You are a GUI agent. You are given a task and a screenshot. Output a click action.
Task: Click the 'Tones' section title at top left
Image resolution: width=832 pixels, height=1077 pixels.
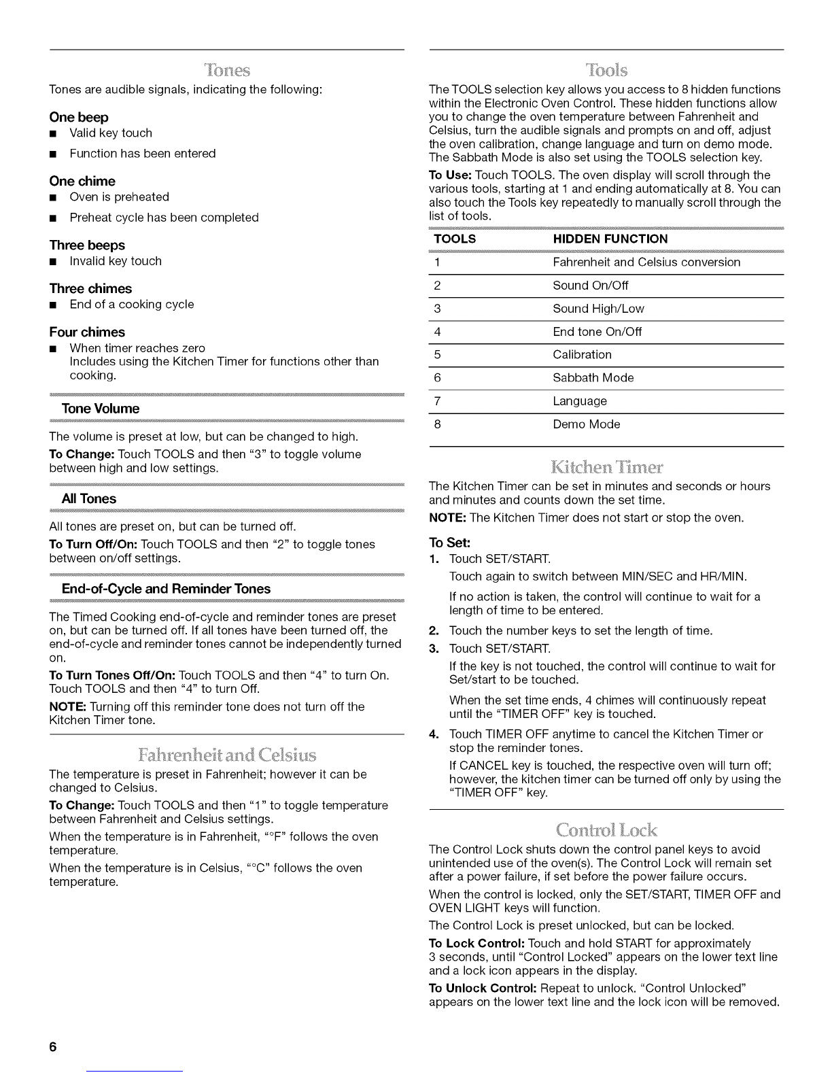pyautogui.click(x=227, y=71)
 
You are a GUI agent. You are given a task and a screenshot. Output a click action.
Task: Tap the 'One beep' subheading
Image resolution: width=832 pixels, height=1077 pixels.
pyautogui.click(x=79, y=117)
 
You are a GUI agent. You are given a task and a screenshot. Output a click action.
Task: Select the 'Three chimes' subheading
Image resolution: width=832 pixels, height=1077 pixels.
pyautogui.click(x=90, y=288)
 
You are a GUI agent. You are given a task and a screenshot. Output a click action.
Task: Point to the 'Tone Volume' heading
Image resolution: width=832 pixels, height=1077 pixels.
pyautogui.click(x=100, y=409)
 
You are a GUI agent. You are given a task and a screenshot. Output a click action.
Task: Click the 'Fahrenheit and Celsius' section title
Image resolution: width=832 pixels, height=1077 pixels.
pyautogui.click(x=227, y=755)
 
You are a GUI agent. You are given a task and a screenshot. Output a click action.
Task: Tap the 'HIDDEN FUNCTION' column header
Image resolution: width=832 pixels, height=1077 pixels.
pyautogui.click(x=610, y=239)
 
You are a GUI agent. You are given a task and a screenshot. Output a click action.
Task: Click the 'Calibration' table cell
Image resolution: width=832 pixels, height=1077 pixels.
pyautogui.click(x=582, y=354)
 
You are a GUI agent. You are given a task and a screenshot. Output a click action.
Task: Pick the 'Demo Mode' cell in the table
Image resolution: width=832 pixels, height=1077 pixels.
pyautogui.click(x=586, y=424)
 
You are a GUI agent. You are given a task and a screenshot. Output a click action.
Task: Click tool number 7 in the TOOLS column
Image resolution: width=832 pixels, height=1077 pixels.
pyautogui.click(x=437, y=401)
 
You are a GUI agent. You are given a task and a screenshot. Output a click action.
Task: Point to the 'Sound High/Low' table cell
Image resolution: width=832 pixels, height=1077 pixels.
pyautogui.click(x=598, y=309)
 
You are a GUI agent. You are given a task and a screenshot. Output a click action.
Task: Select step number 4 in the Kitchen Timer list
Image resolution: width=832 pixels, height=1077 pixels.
pyautogui.click(x=433, y=734)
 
